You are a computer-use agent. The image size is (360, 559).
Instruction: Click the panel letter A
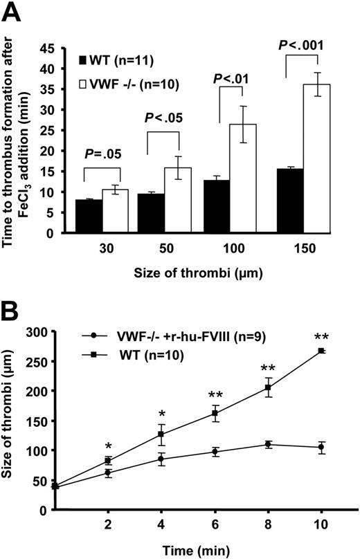point(14,12)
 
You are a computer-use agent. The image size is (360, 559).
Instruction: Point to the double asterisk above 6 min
point(216,395)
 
